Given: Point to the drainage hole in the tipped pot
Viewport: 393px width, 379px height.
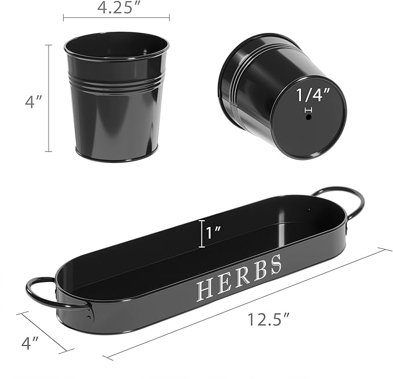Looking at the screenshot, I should click(x=308, y=117).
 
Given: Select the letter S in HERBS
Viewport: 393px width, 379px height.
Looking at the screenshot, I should click(x=276, y=263).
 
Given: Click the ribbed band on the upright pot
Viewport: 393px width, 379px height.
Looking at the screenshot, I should click(x=116, y=81).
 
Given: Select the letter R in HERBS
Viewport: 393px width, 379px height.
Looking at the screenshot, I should click(x=243, y=276).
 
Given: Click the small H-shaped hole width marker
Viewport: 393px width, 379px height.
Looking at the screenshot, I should click(x=308, y=109).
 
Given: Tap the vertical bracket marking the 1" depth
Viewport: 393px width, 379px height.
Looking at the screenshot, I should click(x=201, y=233).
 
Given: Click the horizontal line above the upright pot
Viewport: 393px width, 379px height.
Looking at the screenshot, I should click(x=116, y=18).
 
